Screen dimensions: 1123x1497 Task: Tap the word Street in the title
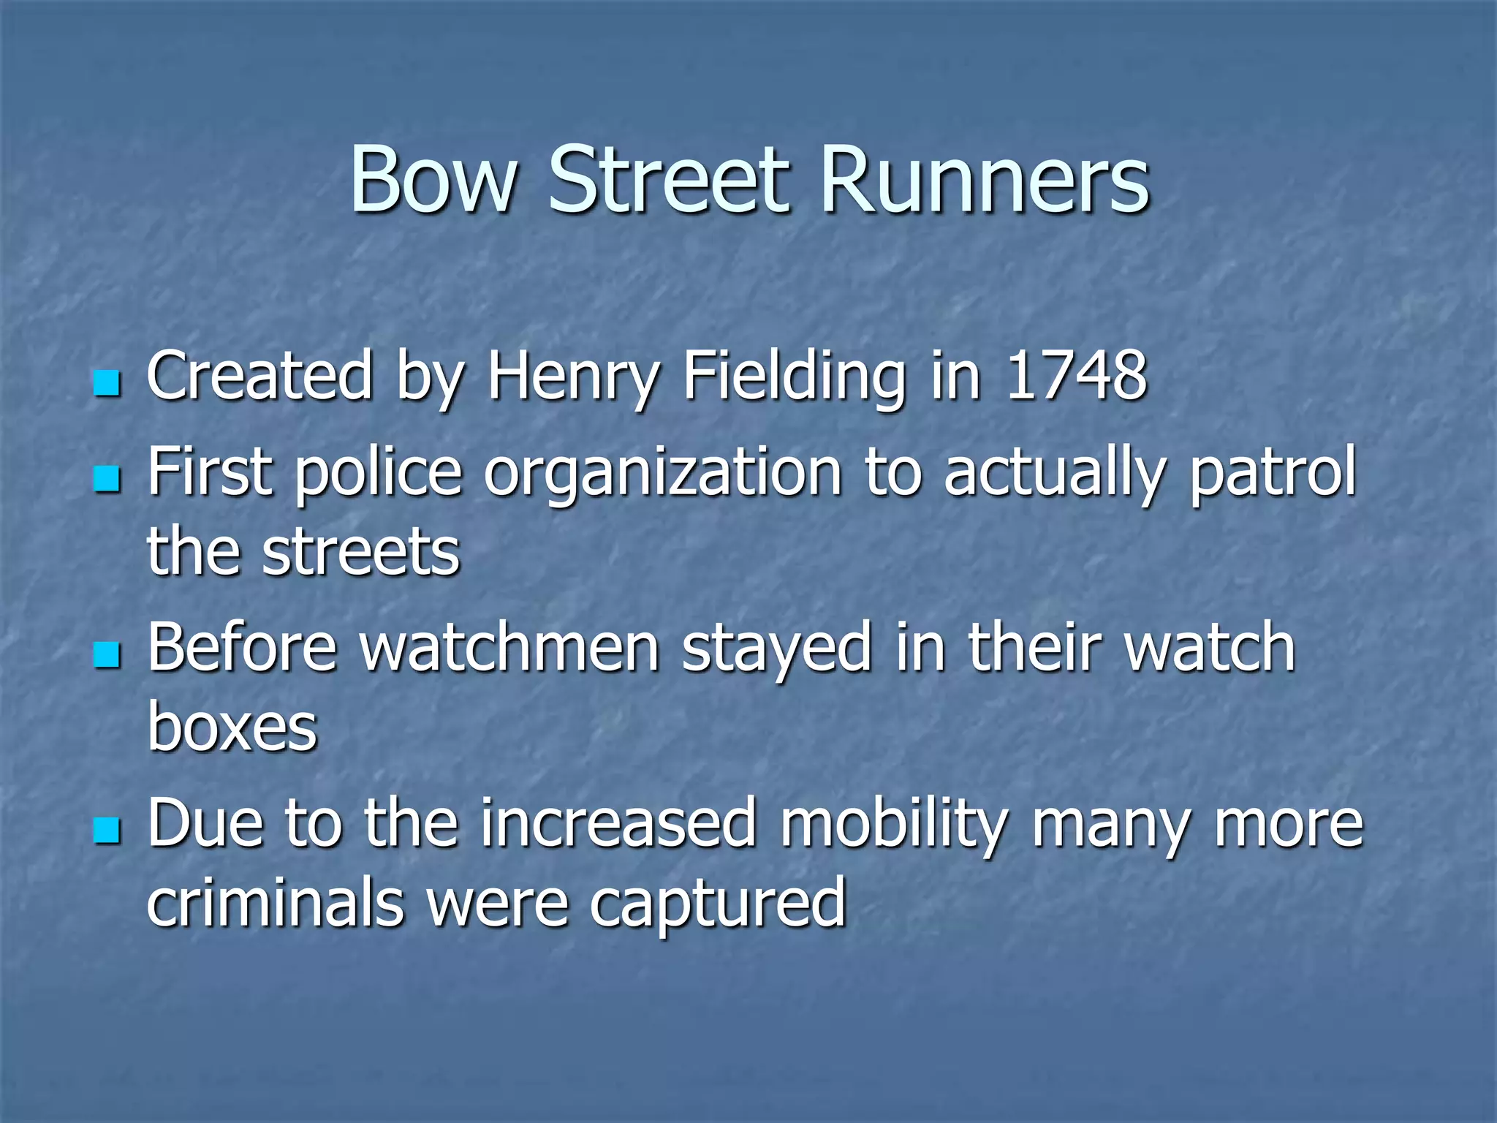tap(670, 180)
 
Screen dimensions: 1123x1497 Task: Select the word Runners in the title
tap(985, 180)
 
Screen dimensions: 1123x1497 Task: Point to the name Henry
tap(573, 377)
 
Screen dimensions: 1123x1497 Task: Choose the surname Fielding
tap(794, 377)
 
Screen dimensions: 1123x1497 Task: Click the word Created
tap(260, 376)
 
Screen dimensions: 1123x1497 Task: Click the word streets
tap(361, 552)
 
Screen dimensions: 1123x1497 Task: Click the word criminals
tap(275, 903)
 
